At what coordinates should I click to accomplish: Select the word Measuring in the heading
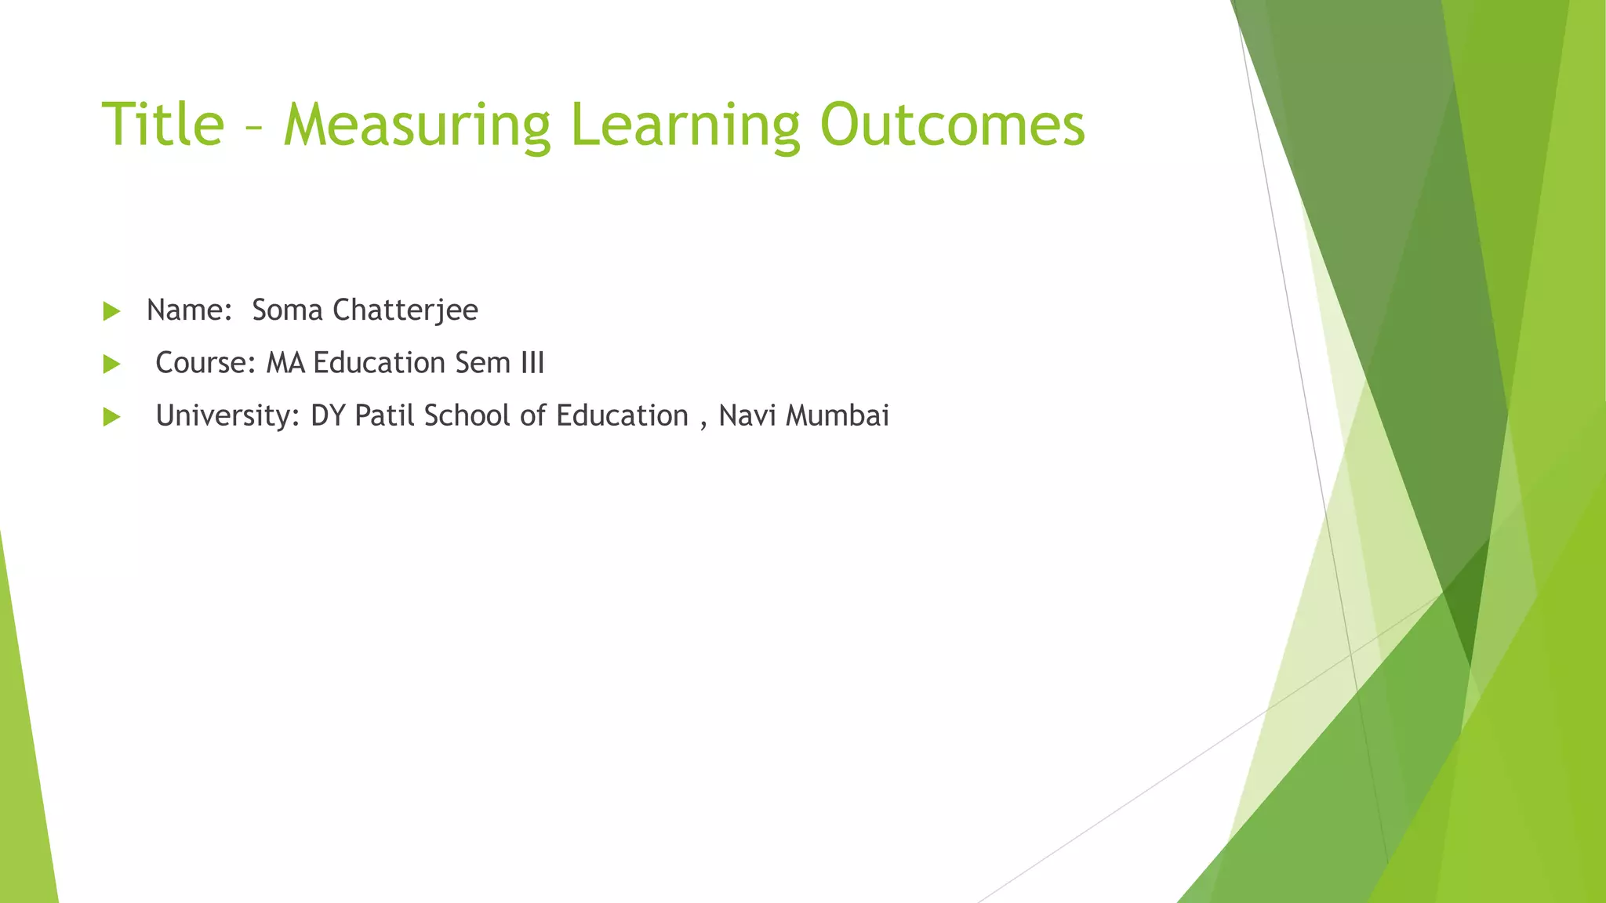pos(416,125)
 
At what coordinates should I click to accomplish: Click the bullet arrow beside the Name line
pos(111,311)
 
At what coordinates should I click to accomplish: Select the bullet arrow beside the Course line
pos(111,364)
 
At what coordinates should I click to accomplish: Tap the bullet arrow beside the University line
pos(111,416)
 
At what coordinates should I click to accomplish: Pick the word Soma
pos(287,310)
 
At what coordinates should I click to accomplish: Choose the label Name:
pos(189,310)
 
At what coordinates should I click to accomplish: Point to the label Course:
pos(205,363)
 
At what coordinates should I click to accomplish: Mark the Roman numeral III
pos(532,363)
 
